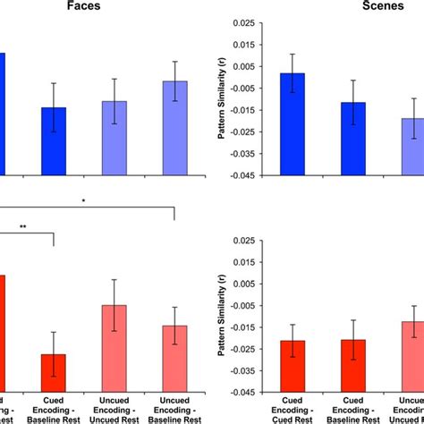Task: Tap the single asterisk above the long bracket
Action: pyautogui.click(x=83, y=201)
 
